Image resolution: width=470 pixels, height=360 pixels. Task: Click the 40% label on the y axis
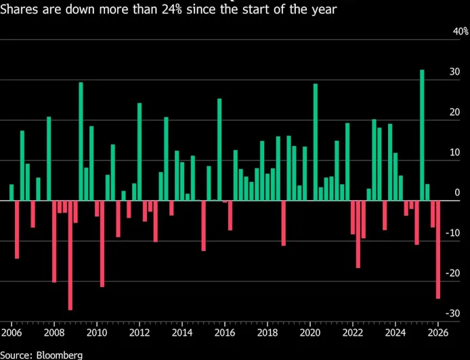click(x=460, y=32)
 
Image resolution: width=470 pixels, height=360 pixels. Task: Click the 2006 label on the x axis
click(x=12, y=333)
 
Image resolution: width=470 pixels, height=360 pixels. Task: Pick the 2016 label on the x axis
click(x=224, y=333)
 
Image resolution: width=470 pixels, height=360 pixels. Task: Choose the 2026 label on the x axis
click(x=437, y=333)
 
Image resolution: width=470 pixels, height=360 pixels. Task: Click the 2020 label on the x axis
click(x=309, y=333)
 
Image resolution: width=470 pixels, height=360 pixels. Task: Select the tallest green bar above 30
click(x=422, y=135)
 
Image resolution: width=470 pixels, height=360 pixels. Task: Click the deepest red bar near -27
click(x=70, y=255)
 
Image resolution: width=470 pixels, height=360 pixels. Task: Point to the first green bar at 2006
click(x=12, y=192)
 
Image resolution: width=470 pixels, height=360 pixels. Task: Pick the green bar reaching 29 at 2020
click(x=316, y=142)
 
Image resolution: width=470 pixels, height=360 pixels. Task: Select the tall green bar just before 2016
click(x=219, y=150)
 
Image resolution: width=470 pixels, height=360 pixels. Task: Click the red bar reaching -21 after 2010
click(x=102, y=244)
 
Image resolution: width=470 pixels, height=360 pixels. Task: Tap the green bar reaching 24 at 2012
click(x=140, y=152)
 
